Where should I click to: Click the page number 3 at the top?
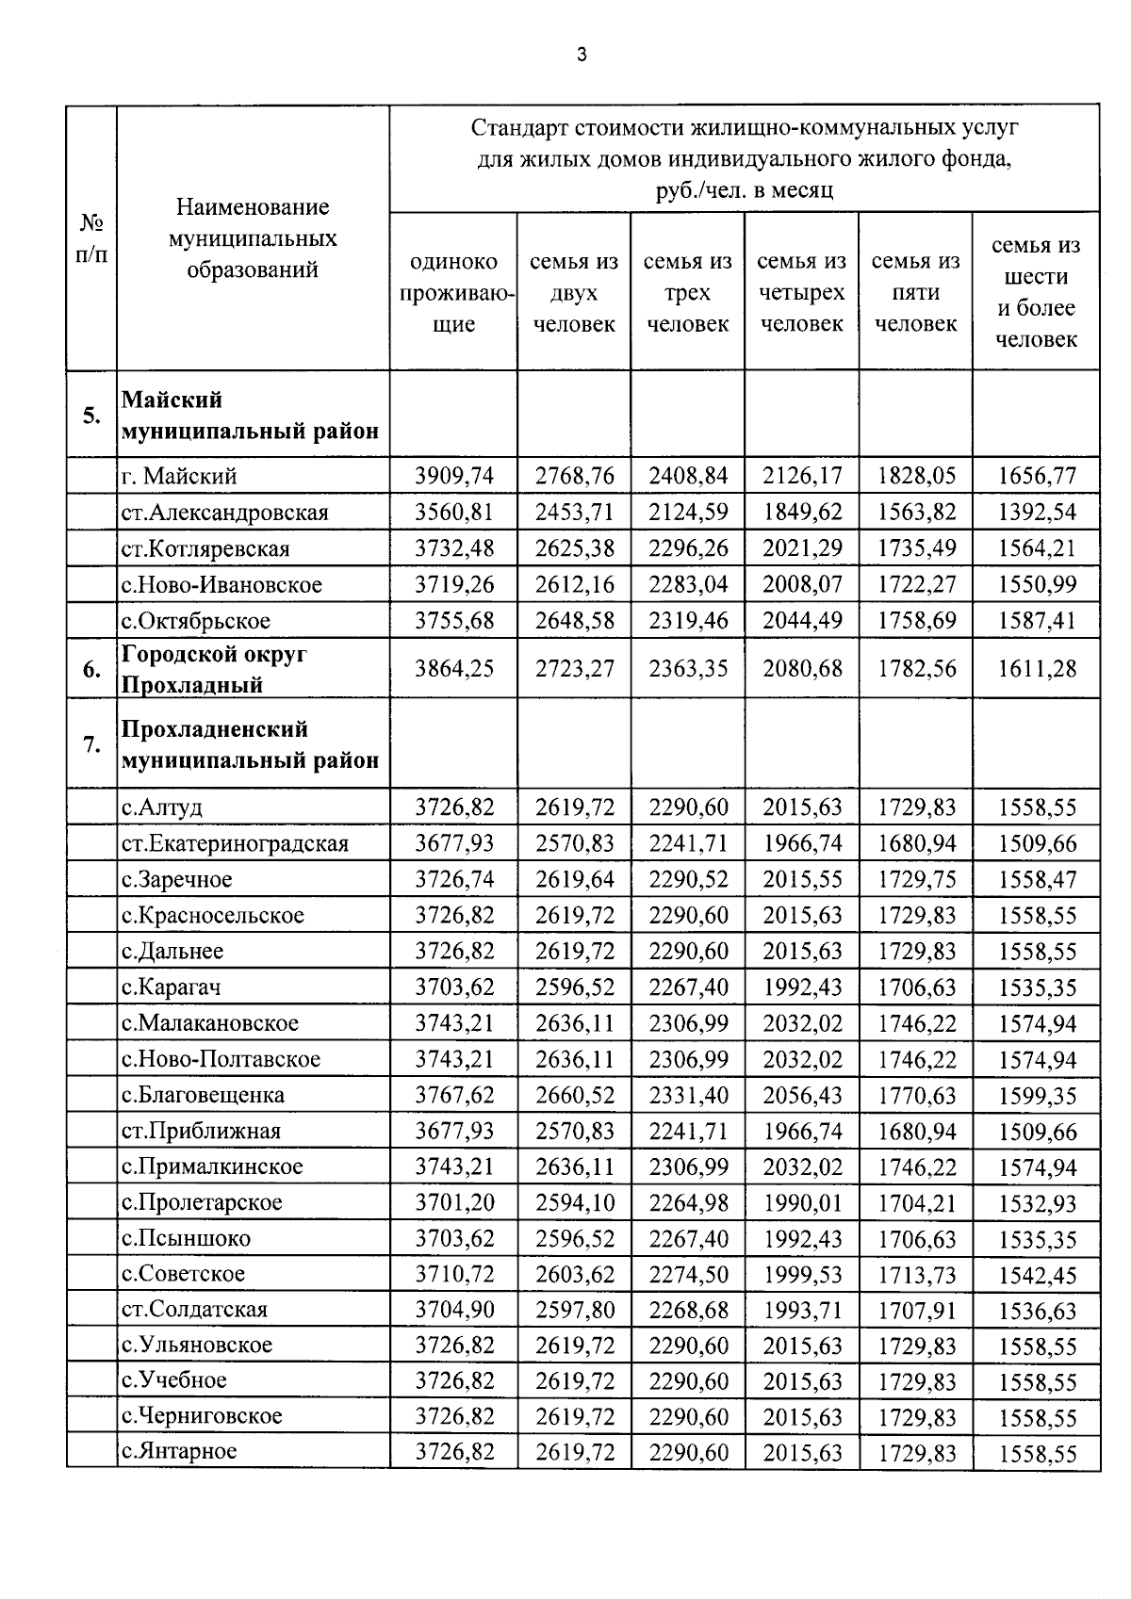point(581,55)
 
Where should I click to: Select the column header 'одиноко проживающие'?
point(453,292)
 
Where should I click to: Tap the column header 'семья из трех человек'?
point(687,292)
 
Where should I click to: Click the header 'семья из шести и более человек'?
point(1036,292)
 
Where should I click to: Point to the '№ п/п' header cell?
point(91,238)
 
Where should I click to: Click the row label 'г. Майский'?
point(179,476)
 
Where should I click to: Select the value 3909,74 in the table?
point(453,476)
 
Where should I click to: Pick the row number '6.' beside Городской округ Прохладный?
point(91,669)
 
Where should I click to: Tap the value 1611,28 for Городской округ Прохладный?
point(1036,669)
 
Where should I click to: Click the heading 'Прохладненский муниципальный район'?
point(251,744)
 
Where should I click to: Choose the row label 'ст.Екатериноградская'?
point(235,843)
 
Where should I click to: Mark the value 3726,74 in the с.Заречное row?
point(453,879)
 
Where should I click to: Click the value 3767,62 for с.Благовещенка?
point(453,1095)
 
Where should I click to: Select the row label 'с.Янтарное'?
point(179,1451)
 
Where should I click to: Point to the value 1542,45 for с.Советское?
point(1036,1274)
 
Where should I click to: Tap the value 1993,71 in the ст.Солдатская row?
point(801,1310)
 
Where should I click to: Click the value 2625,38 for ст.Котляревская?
point(574,548)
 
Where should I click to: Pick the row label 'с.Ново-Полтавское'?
point(221,1059)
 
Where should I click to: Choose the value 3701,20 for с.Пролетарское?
point(453,1202)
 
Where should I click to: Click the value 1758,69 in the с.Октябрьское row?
point(916,621)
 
